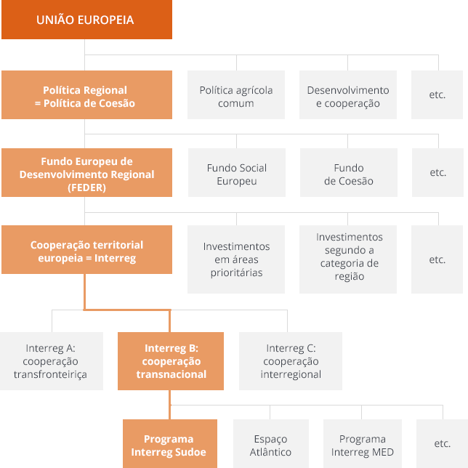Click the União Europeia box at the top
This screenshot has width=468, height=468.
tap(86, 20)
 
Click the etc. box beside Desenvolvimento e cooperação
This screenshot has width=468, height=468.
tap(437, 95)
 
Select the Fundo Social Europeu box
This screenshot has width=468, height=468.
tap(237, 174)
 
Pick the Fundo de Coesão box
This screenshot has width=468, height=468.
tap(348, 174)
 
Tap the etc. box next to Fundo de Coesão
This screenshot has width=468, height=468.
tap(437, 173)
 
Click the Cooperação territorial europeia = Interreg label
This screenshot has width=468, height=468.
tap(86, 251)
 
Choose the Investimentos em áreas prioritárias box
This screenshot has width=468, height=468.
tap(236, 259)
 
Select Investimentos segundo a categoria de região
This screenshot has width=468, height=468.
tap(349, 257)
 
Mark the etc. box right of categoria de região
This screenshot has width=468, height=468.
tap(437, 259)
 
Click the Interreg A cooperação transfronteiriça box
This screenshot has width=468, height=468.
tap(50, 361)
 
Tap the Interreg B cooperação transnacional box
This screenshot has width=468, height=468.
tap(172, 361)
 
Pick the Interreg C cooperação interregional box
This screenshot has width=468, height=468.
tap(291, 361)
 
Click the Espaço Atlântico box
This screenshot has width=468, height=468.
tap(270, 445)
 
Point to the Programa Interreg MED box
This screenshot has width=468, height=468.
tap(363, 445)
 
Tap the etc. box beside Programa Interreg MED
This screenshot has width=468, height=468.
tap(442, 443)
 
